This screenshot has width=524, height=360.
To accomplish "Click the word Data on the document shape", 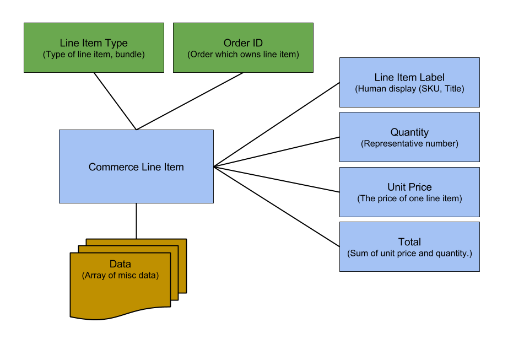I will coord(120,265).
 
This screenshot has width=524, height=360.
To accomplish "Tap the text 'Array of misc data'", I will coord(120,275).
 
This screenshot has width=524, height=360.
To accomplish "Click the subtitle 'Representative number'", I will coord(409,143).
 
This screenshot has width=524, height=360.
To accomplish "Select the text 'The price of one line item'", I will coord(409,198).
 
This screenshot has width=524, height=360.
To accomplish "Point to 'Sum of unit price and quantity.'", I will coord(409,254).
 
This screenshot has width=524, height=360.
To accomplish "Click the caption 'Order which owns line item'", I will coord(243,54).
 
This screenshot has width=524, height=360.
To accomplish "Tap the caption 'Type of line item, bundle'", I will coord(94,54).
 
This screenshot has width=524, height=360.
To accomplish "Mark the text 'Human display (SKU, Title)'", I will coord(409,88).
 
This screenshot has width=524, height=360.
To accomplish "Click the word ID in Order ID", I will coord(256,43).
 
